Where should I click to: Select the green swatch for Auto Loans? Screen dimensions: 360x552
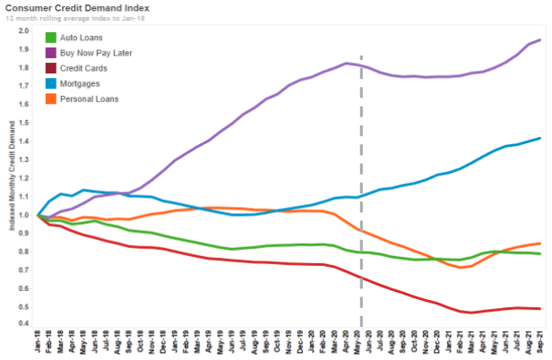[53, 39]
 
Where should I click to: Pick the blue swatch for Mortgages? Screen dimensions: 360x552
[53, 83]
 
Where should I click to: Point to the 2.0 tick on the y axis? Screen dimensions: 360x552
[22, 31]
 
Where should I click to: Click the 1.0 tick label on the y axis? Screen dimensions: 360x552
[22, 214]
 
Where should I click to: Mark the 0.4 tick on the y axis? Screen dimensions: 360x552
[22, 323]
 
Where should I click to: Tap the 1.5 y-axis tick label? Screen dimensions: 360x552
[22, 123]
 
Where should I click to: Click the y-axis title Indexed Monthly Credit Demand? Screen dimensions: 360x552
[11, 176]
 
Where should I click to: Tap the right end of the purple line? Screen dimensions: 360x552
[539, 40]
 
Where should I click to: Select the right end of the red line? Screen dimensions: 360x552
[539, 308]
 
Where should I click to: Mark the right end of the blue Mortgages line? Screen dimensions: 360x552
[539, 138]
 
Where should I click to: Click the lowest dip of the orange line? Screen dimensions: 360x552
[460, 267]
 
